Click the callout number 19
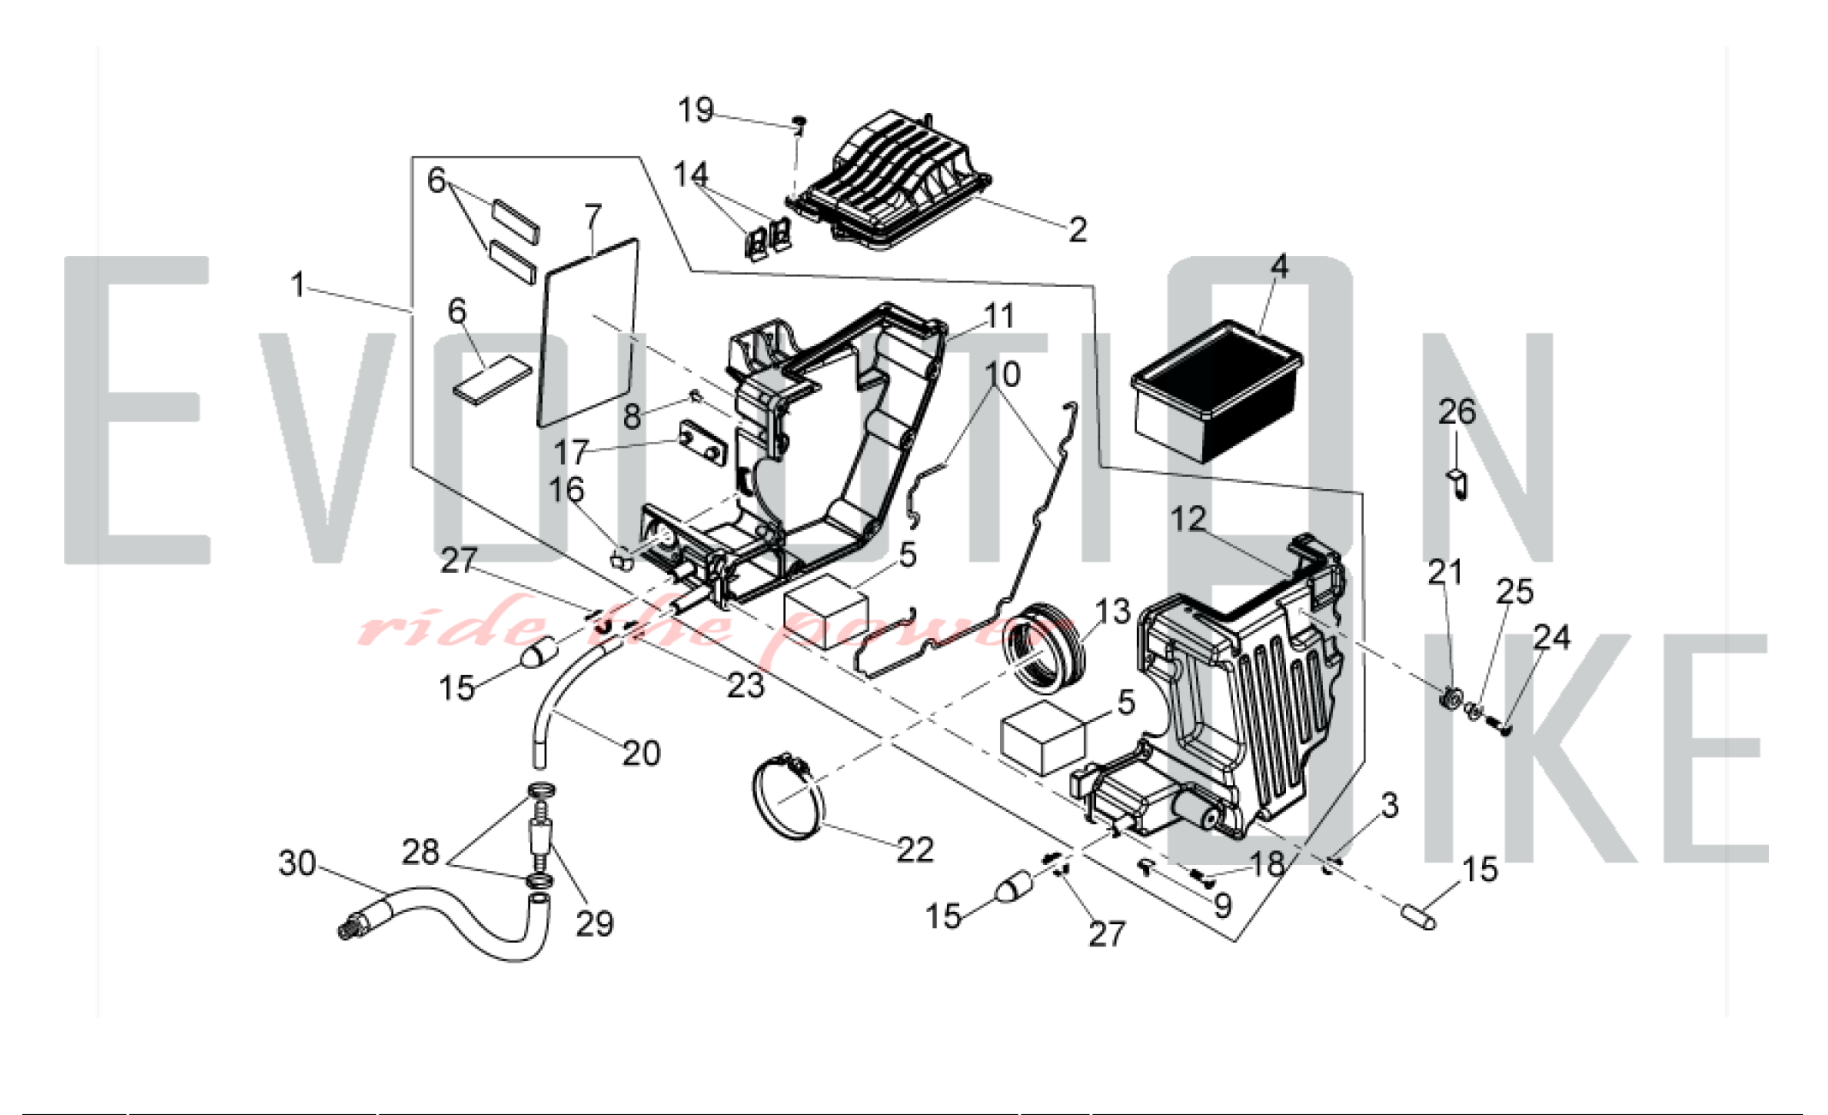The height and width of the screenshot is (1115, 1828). (695, 110)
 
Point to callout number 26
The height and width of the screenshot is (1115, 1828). (1456, 412)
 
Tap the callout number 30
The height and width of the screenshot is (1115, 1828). (297, 863)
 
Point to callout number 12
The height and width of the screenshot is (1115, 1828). (1188, 518)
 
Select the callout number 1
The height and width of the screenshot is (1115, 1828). (297, 284)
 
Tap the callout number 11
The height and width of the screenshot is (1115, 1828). (998, 315)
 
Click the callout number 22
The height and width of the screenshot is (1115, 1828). (914, 850)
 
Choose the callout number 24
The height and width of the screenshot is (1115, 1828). (1551, 637)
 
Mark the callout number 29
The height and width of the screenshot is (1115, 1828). (594, 923)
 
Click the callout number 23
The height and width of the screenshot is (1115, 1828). (745, 685)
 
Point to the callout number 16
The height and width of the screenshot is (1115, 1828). (566, 490)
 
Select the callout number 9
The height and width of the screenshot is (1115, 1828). (1223, 905)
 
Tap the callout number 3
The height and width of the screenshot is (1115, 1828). (1390, 805)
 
